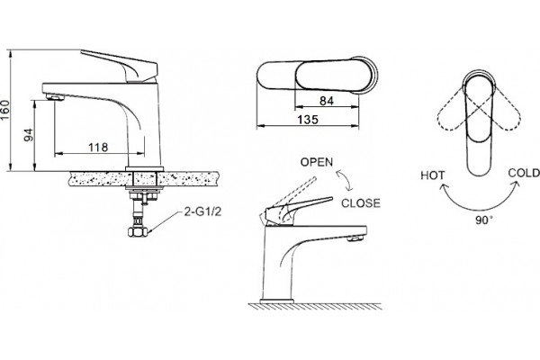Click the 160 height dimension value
tap(5, 110)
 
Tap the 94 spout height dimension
tap(29, 135)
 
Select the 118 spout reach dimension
tap(98, 148)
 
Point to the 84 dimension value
tap(327, 101)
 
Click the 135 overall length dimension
tap(308, 120)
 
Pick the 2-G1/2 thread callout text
tap(202, 211)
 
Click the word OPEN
tap(317, 162)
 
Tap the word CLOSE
tap(361, 203)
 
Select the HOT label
tap(433, 175)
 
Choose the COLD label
tap(524, 173)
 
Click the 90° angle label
tap(484, 220)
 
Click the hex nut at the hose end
tap(138, 231)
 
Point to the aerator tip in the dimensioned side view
tap(55, 97)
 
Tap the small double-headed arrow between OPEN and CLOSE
tap(345, 181)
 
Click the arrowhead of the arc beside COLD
tap(516, 185)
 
